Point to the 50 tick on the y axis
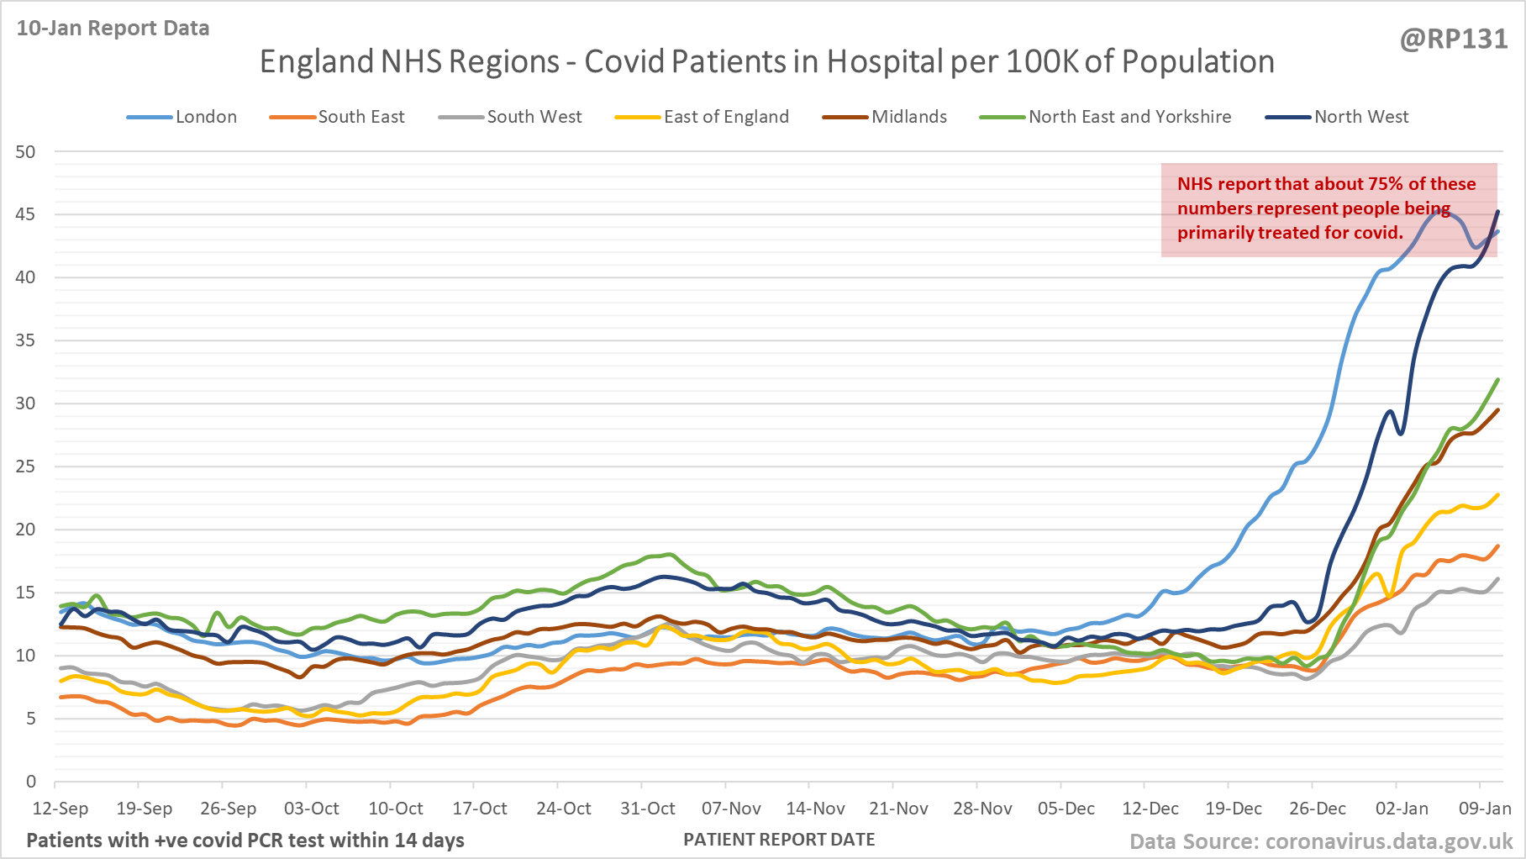click(x=26, y=152)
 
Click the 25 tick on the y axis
click(x=26, y=466)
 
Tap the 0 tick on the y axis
click(x=31, y=782)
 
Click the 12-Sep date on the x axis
click(x=61, y=809)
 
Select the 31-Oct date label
click(x=648, y=809)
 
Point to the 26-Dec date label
click(x=1318, y=809)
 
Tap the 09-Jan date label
click(x=1485, y=809)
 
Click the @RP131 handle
click(x=1453, y=40)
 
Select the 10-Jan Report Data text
click(x=113, y=29)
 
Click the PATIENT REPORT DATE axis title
click(x=779, y=840)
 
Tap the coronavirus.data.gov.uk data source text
click(x=1388, y=841)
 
